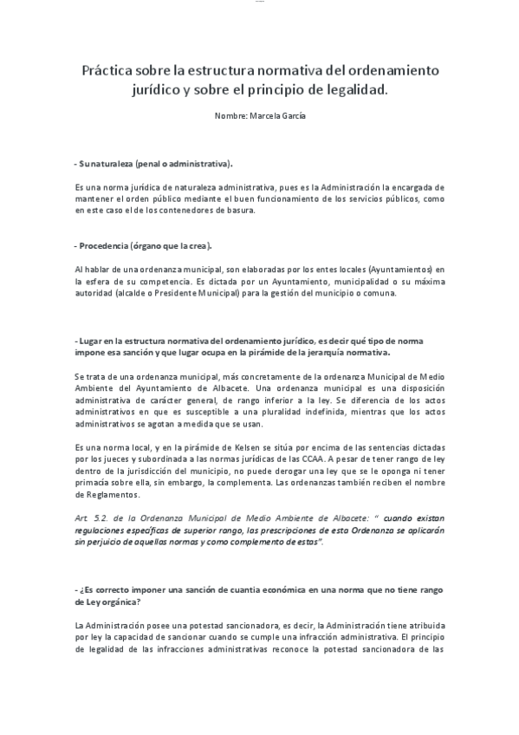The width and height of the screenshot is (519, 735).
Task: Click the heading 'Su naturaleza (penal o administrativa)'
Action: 154,163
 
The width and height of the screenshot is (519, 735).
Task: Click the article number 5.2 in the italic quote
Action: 95,518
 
